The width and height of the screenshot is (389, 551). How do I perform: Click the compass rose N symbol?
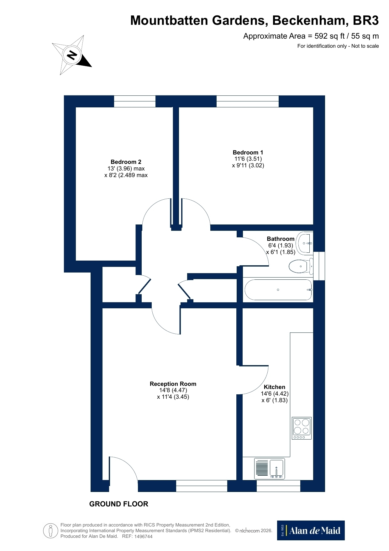(x=72, y=55)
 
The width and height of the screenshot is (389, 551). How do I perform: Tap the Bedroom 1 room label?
(x=248, y=152)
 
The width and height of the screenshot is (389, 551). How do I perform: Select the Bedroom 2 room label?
(x=126, y=162)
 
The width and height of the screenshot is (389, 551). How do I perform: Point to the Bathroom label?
(x=281, y=239)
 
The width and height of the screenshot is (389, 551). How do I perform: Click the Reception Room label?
(x=173, y=384)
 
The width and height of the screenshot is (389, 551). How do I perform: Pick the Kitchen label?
(x=275, y=387)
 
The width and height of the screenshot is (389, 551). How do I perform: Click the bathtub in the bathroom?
(x=278, y=290)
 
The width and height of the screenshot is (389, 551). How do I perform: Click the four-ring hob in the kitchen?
(x=302, y=428)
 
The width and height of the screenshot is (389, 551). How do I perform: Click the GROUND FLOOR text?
(x=118, y=504)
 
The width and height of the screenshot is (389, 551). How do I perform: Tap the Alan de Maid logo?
(x=311, y=530)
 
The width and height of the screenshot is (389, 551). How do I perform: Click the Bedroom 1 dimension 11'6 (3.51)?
(x=248, y=159)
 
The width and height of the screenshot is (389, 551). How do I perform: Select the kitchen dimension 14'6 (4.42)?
(x=275, y=394)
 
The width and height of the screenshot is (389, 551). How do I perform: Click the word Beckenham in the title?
(x=308, y=21)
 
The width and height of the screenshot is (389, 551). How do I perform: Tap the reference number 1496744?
(x=143, y=537)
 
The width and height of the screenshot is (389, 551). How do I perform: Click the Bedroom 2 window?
(x=135, y=101)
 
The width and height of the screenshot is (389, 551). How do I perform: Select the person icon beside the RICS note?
(x=51, y=531)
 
